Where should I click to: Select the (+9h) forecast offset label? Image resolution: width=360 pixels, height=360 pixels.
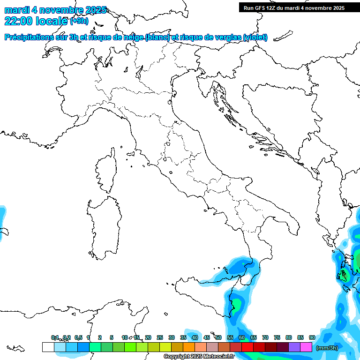79,21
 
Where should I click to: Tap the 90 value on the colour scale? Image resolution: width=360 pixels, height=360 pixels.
312,337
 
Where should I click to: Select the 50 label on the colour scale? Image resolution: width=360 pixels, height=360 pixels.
218,337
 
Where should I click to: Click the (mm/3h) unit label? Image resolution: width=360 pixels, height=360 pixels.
327,348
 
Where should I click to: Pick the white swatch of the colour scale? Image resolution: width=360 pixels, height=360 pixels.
48,347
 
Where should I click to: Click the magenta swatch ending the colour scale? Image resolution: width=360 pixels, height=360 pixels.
306,347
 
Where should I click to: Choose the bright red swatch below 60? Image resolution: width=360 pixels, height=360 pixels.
247,347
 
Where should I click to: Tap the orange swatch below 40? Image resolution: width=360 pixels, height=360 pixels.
189,347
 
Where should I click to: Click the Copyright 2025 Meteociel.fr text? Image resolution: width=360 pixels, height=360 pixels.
199,357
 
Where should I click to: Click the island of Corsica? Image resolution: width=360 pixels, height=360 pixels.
106,171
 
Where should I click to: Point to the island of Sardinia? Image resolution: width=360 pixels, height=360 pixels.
101,227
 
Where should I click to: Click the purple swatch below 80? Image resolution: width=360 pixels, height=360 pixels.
294,347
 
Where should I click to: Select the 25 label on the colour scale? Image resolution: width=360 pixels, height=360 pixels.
160,337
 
